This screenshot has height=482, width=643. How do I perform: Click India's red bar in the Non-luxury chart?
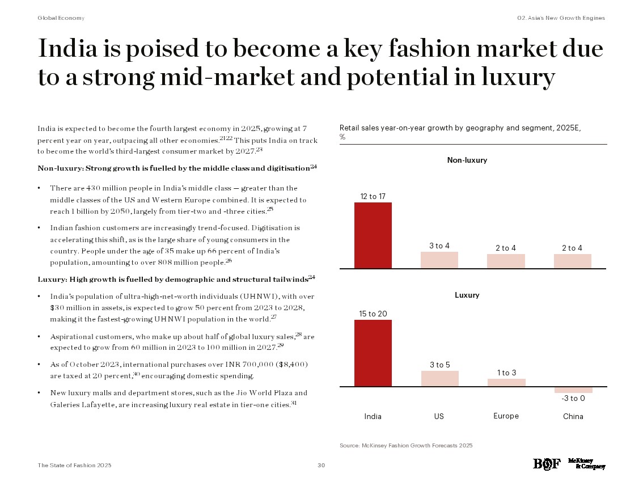point(373,235)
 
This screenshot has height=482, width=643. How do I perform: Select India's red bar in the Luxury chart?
point(373,353)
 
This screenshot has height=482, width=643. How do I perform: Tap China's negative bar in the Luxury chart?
point(573,390)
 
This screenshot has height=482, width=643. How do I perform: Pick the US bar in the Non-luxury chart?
point(439,260)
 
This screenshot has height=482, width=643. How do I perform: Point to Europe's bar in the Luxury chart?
point(506,383)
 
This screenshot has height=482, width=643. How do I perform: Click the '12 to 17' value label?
point(373,196)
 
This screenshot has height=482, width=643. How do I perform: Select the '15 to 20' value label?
point(373,314)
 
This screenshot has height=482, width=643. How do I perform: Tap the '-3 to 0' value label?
point(573,398)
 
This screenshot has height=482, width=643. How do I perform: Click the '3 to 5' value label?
point(439,365)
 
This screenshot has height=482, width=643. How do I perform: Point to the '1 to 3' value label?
point(506,373)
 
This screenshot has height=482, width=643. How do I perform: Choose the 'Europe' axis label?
point(506,416)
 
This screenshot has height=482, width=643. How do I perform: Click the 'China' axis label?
point(573,417)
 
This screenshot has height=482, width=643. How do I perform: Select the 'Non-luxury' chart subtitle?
point(467,160)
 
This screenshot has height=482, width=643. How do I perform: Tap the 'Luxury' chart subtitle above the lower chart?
point(467,295)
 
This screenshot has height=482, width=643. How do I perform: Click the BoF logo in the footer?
point(547,464)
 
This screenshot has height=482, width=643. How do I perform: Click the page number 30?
point(321,466)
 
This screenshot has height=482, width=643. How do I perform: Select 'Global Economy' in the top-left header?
point(61,18)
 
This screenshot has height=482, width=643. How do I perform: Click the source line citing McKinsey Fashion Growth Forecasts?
point(406,446)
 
